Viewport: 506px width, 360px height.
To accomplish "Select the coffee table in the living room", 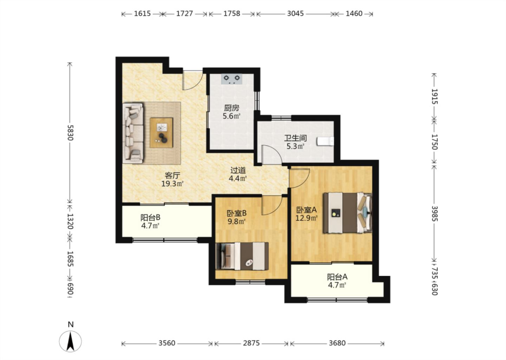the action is pyautogui.click(x=161, y=133).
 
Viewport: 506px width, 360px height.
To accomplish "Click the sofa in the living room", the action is pyautogui.click(x=133, y=133).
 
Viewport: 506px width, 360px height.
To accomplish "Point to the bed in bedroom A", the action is pyautogui.click(x=348, y=213).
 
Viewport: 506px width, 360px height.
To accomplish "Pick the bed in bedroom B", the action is pyautogui.click(x=242, y=256).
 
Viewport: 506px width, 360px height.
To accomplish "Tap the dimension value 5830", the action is pyautogui.click(x=71, y=133).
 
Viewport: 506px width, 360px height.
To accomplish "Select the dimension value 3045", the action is pyautogui.click(x=295, y=14).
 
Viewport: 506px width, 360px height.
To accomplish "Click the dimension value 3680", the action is pyautogui.click(x=337, y=343).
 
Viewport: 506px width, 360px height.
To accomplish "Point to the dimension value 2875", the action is pyautogui.click(x=251, y=343).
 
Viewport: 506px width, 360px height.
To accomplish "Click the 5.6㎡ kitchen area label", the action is pyautogui.click(x=232, y=116).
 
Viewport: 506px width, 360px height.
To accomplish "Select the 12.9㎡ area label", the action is pyautogui.click(x=306, y=218).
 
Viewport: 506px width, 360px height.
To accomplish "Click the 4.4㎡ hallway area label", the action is pyautogui.click(x=238, y=179).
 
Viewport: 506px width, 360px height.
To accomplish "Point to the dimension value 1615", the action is pyautogui.click(x=142, y=14).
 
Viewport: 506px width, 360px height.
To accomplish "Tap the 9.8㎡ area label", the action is pyautogui.click(x=236, y=221).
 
